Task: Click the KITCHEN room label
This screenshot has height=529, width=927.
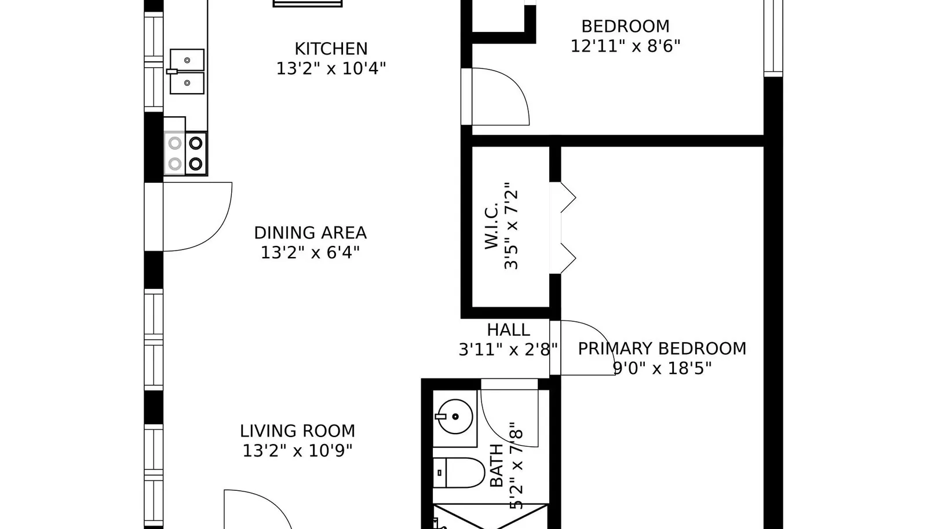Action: [x=331, y=49]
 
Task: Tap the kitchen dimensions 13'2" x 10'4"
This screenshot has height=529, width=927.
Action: [x=331, y=68]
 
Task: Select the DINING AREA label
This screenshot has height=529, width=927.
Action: [x=311, y=233]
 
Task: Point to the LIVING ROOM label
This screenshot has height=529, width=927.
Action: [x=298, y=431]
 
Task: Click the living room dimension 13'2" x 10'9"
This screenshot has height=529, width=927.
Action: [x=298, y=450]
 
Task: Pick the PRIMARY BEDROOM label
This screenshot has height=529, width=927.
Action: [x=662, y=348]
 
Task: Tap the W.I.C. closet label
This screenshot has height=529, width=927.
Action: [x=491, y=226]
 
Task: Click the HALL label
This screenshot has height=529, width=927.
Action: [x=509, y=330]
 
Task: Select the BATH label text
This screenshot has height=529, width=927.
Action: [x=497, y=465]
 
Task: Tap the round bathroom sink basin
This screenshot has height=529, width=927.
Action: [x=455, y=417]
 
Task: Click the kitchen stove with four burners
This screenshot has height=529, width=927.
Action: [x=185, y=154]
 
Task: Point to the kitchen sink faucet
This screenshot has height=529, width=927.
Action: [x=172, y=72]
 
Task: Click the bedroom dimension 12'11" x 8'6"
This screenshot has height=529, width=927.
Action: [x=625, y=46]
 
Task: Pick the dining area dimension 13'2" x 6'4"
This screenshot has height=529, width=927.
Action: [x=311, y=252]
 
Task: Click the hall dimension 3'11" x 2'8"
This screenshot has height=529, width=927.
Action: [x=509, y=350]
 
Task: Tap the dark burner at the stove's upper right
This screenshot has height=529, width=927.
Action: [x=196, y=144]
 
